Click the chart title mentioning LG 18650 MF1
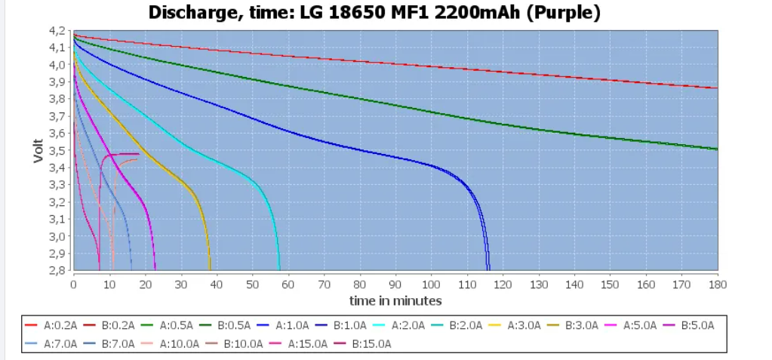pyautogui.click(x=374, y=13)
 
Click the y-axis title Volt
pyautogui.click(x=38, y=150)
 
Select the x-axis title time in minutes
pyautogui.click(x=395, y=300)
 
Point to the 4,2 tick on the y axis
pyautogui.click(x=58, y=31)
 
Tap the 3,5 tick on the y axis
pyautogui.click(x=58, y=150)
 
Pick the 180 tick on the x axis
pyautogui.click(x=717, y=285)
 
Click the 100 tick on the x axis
pyautogui.click(x=431, y=285)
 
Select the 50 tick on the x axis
pyautogui.click(x=252, y=285)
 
